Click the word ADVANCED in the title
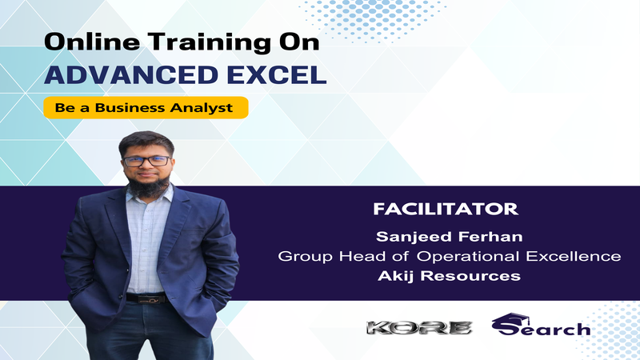(131, 74)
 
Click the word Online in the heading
(92, 42)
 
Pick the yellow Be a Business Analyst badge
(146, 108)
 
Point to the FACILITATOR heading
(446, 209)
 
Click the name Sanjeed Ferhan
(449, 237)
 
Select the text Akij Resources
(449, 276)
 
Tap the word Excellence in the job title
(574, 256)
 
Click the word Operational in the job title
(468, 257)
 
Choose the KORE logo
(419, 328)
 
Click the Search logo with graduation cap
(541, 325)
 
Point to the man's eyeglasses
(147, 161)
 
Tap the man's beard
(148, 186)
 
